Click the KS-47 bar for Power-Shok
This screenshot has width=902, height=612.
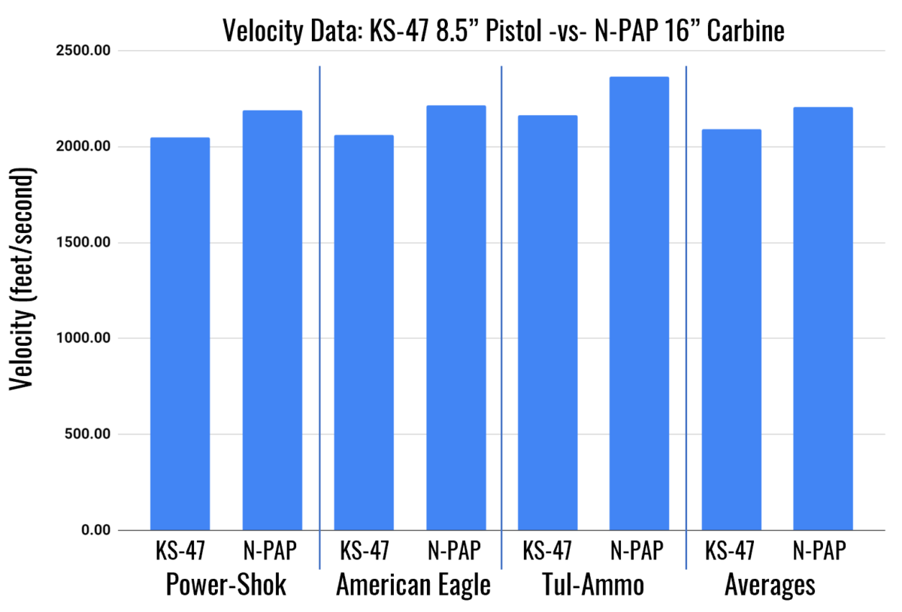(x=180, y=334)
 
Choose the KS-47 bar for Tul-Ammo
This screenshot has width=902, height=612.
(x=547, y=323)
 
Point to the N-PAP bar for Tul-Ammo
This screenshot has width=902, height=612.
(x=639, y=304)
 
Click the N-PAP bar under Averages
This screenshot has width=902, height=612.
(x=822, y=319)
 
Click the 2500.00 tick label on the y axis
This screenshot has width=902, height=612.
(x=82, y=51)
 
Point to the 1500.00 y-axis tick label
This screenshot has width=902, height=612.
(x=82, y=243)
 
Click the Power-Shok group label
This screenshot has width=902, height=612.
(x=225, y=585)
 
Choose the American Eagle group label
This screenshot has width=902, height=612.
(x=413, y=585)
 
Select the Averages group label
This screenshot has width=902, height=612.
(x=770, y=585)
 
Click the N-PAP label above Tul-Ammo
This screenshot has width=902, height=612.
(x=638, y=552)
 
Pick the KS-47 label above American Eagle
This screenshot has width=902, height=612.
(x=365, y=552)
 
